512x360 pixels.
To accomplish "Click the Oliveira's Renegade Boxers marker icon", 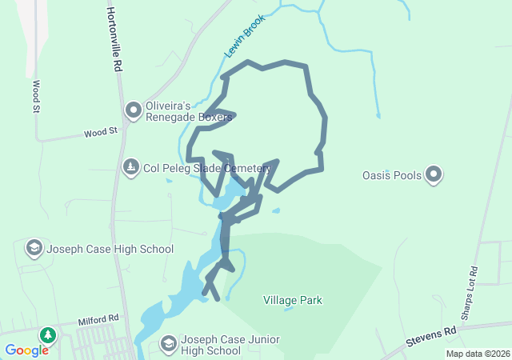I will [x=134, y=108].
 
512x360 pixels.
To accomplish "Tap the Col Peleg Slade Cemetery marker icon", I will [x=130, y=168].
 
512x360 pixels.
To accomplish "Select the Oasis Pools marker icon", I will [x=434, y=174].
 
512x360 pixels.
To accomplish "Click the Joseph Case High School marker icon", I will [x=34, y=248].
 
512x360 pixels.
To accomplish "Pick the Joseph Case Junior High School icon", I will [x=169, y=344].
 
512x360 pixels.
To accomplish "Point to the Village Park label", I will [x=293, y=301].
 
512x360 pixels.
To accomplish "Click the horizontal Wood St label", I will [x=101, y=131].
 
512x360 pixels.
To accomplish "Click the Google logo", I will [x=26, y=350].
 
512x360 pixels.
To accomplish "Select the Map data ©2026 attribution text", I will [x=478, y=354].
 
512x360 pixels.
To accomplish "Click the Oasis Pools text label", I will [x=392, y=174].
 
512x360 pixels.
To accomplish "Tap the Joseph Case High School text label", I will [x=110, y=249].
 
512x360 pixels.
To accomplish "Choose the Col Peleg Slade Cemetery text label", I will [x=202, y=169].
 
